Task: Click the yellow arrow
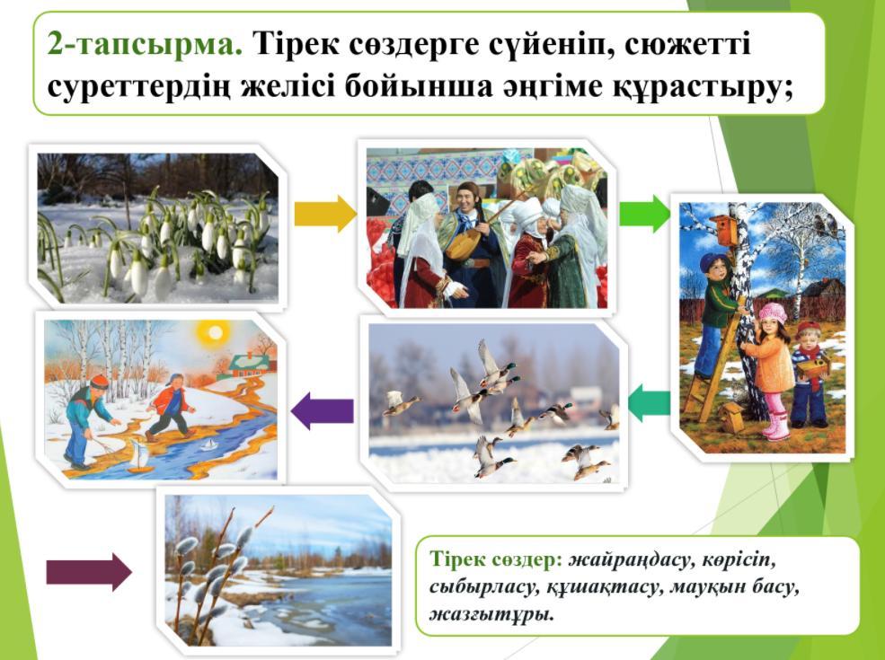[x=325, y=214]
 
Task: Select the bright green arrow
[x=644, y=214]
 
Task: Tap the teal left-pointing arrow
[x=649, y=403]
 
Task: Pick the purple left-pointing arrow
[x=323, y=410]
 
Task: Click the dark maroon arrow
[x=89, y=572]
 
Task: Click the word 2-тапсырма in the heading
[x=145, y=43]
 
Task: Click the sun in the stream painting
[x=215, y=333]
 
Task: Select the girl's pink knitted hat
[x=772, y=312]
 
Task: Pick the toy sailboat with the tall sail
[x=137, y=454]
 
